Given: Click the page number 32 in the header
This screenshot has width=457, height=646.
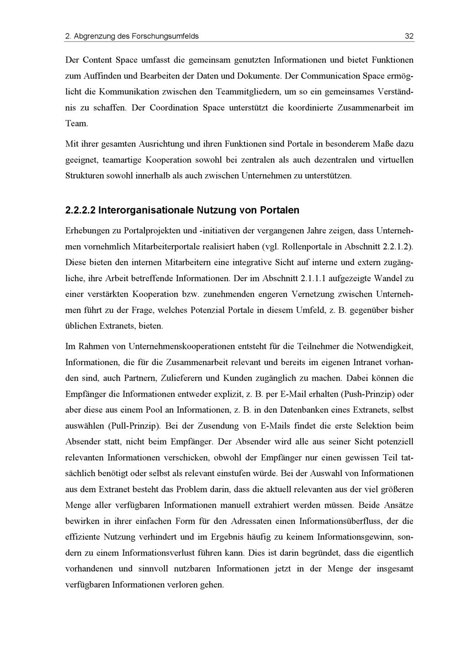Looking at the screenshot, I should point(409,36).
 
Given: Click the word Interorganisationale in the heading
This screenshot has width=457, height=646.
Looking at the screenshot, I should point(146,210).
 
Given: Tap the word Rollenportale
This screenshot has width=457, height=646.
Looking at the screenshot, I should point(307,247).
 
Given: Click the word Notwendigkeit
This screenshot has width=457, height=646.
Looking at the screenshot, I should point(385,347).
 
